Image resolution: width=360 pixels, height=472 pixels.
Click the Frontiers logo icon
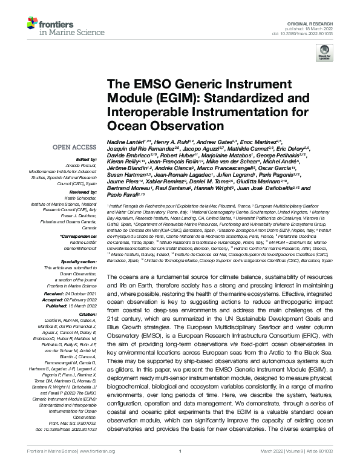pyautogui.click(x=31, y=24)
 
